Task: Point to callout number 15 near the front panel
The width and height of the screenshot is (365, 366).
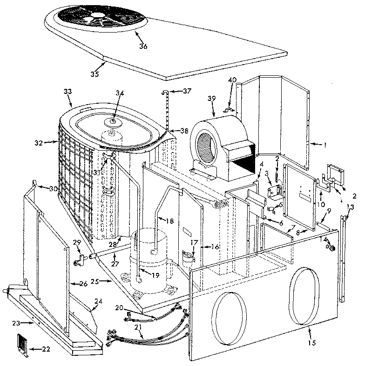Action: click(311, 343)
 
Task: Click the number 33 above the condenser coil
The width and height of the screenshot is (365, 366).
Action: click(68, 92)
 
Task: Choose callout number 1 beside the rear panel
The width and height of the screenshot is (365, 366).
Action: click(325, 145)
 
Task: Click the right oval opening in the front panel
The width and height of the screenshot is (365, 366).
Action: click(304, 295)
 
